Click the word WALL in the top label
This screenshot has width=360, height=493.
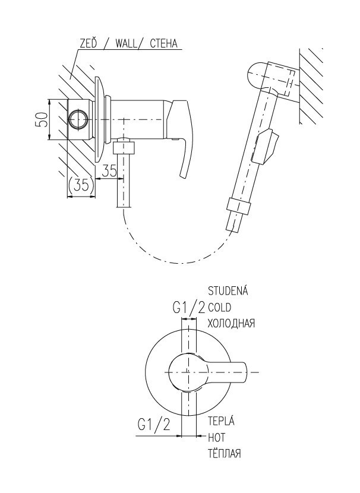127,43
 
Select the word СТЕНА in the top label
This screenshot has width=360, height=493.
163,43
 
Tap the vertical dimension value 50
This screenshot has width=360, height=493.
42,119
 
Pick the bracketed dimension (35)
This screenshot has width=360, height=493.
81,186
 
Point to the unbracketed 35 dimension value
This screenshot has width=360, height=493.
109,170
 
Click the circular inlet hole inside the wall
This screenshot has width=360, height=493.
78,119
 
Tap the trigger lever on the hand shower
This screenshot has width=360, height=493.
267,147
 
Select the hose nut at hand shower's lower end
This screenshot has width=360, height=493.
238,207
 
